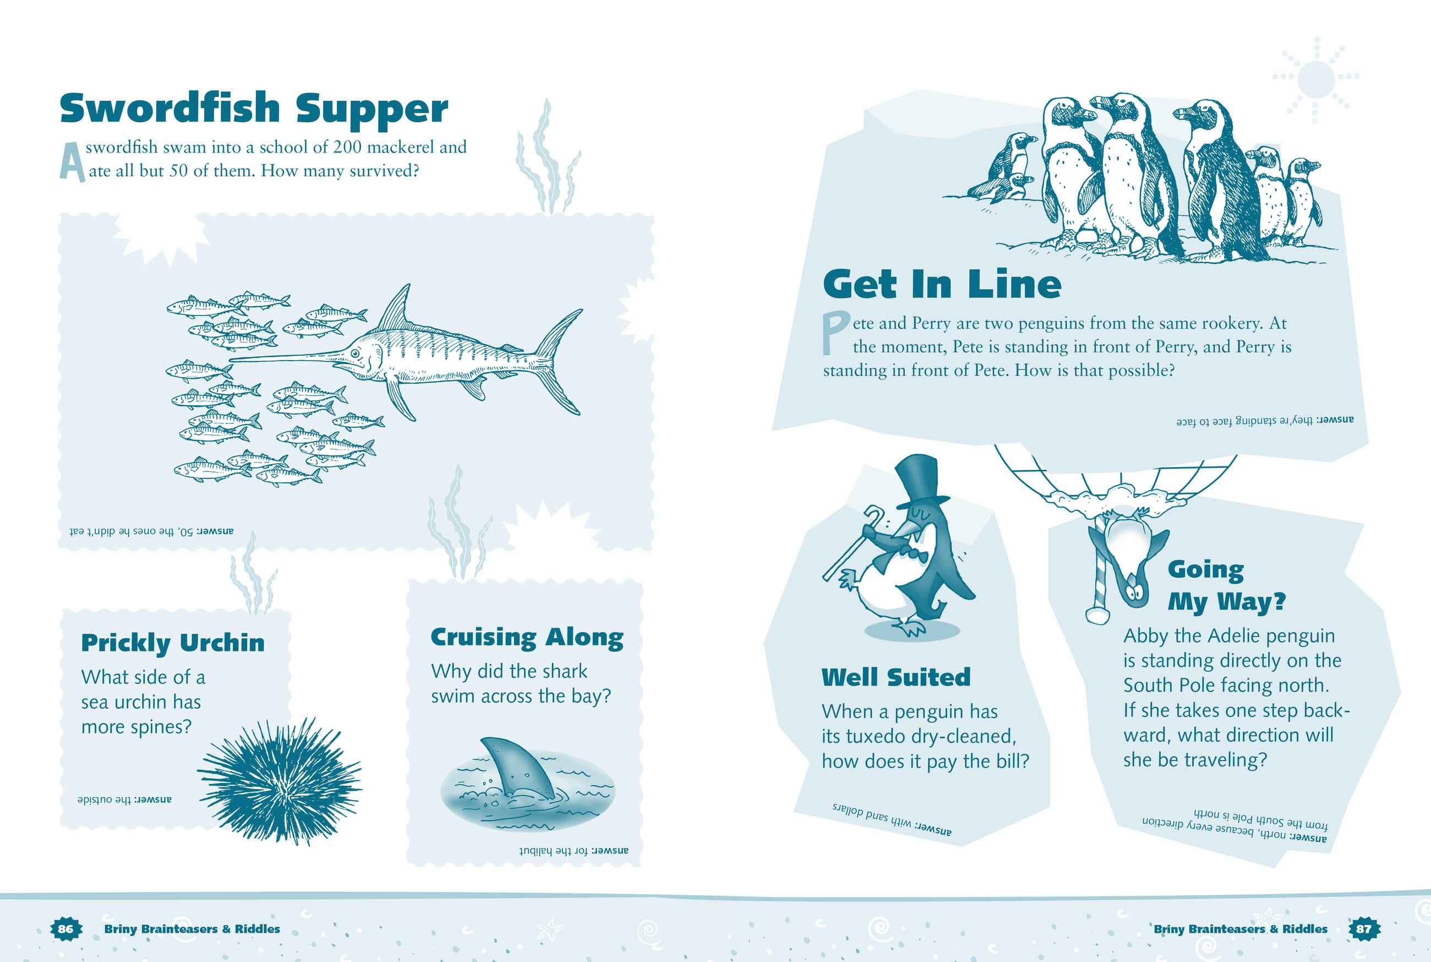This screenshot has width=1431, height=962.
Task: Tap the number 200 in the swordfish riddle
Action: coord(347,147)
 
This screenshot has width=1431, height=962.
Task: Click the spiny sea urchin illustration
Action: coord(280,780)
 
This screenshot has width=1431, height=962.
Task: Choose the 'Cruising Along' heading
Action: coord(527,638)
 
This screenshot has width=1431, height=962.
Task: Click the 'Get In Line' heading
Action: coord(942,285)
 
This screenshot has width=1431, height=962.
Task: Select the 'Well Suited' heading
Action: coord(896,677)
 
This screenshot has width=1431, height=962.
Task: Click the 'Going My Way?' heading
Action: coord(1226,585)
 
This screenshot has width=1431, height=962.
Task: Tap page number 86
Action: coord(65,929)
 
